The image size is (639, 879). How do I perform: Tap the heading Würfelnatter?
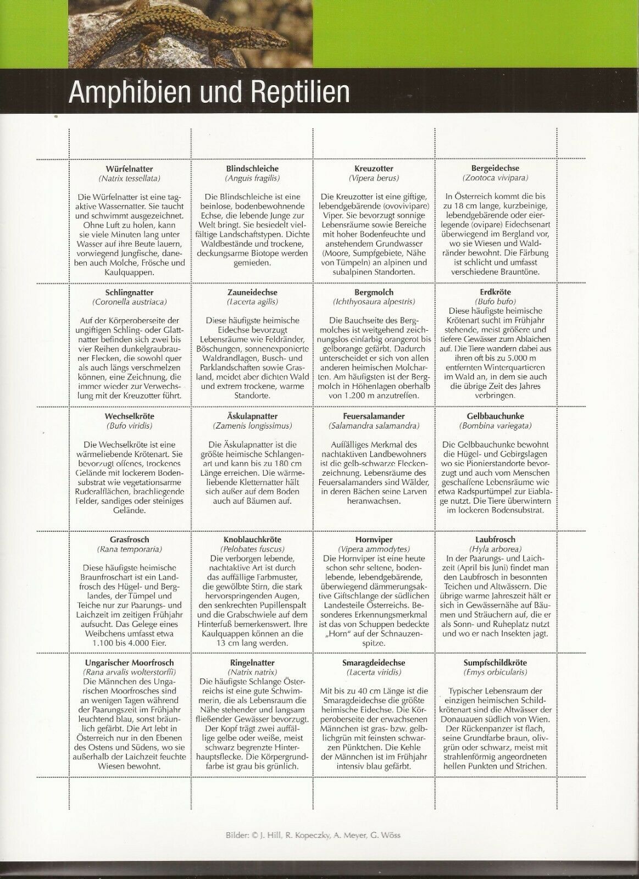130,169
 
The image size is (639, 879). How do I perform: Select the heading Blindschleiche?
252,169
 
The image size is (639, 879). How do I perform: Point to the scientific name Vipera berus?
374,178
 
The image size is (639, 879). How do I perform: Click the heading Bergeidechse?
495,169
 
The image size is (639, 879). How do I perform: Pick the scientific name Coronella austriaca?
130,302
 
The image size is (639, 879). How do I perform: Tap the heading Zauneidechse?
252,292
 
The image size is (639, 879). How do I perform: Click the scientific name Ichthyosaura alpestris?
374,302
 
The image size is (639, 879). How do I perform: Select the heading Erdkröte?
495,292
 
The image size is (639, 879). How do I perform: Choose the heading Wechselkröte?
130,416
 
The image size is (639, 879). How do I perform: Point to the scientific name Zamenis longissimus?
252,426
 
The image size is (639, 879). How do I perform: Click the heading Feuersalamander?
374,416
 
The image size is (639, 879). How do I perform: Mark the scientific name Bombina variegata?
495,426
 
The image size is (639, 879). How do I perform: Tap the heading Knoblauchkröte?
252,540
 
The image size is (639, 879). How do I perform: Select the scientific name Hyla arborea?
495,549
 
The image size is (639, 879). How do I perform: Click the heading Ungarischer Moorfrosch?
130,663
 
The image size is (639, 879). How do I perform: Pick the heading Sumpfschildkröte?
495,663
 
